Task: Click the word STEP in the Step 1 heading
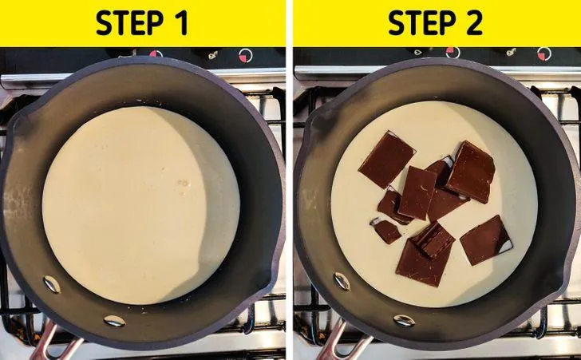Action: [129, 22]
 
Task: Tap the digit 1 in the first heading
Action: [181, 23]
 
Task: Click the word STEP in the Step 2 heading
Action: [421, 22]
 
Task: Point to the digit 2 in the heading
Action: [473, 23]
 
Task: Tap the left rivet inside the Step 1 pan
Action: [52, 284]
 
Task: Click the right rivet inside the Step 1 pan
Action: [114, 320]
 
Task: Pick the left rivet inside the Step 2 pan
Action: [342, 282]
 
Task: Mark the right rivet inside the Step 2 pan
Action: [404, 320]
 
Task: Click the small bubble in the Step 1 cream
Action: [183, 183]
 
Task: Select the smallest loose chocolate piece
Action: [385, 230]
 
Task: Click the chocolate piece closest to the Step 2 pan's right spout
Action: [486, 240]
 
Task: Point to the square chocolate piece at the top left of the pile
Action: [387, 160]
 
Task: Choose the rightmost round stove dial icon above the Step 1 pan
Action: [245, 56]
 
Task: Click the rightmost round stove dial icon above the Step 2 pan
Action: [544, 54]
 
